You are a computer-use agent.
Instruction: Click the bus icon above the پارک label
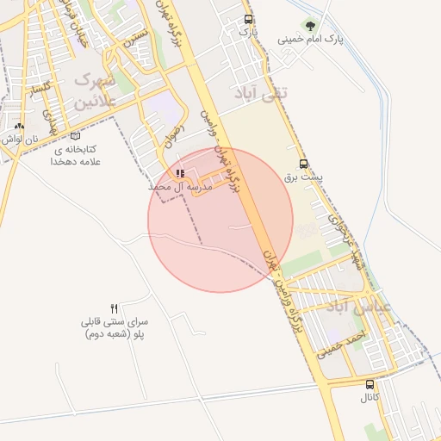click(x=249, y=19)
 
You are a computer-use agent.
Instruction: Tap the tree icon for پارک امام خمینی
click(x=309, y=26)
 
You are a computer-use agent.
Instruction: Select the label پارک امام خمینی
click(x=309, y=40)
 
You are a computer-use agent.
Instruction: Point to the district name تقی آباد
click(x=262, y=91)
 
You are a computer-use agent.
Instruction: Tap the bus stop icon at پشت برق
click(x=303, y=164)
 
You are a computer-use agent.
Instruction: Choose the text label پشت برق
click(x=303, y=177)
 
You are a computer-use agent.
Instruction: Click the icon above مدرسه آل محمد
click(x=179, y=174)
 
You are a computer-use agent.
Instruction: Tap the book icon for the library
click(x=76, y=135)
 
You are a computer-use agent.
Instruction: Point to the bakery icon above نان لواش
click(x=19, y=126)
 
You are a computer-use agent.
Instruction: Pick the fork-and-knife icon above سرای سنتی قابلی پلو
click(x=114, y=308)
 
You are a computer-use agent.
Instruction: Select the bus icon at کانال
click(x=370, y=384)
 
